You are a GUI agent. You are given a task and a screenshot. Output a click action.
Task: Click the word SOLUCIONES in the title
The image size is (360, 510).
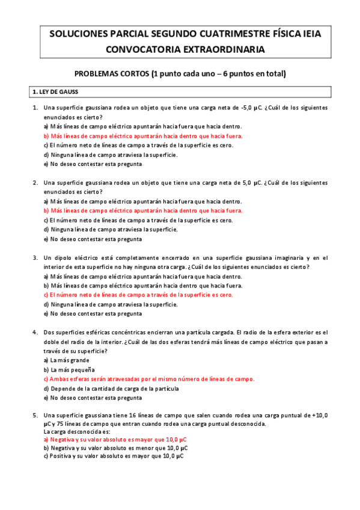point(80,34)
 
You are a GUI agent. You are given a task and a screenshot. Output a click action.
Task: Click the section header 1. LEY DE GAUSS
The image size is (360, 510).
point(59,92)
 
